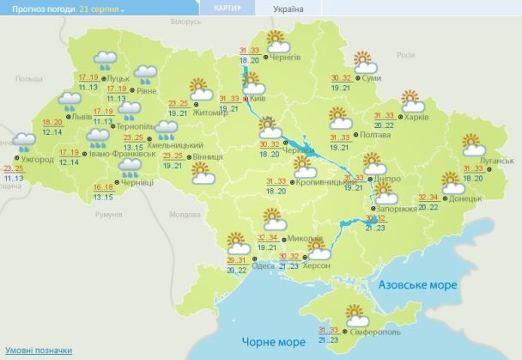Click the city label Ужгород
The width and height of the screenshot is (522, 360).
(x=36, y=160)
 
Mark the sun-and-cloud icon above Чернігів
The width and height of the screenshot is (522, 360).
(x=276, y=39)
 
